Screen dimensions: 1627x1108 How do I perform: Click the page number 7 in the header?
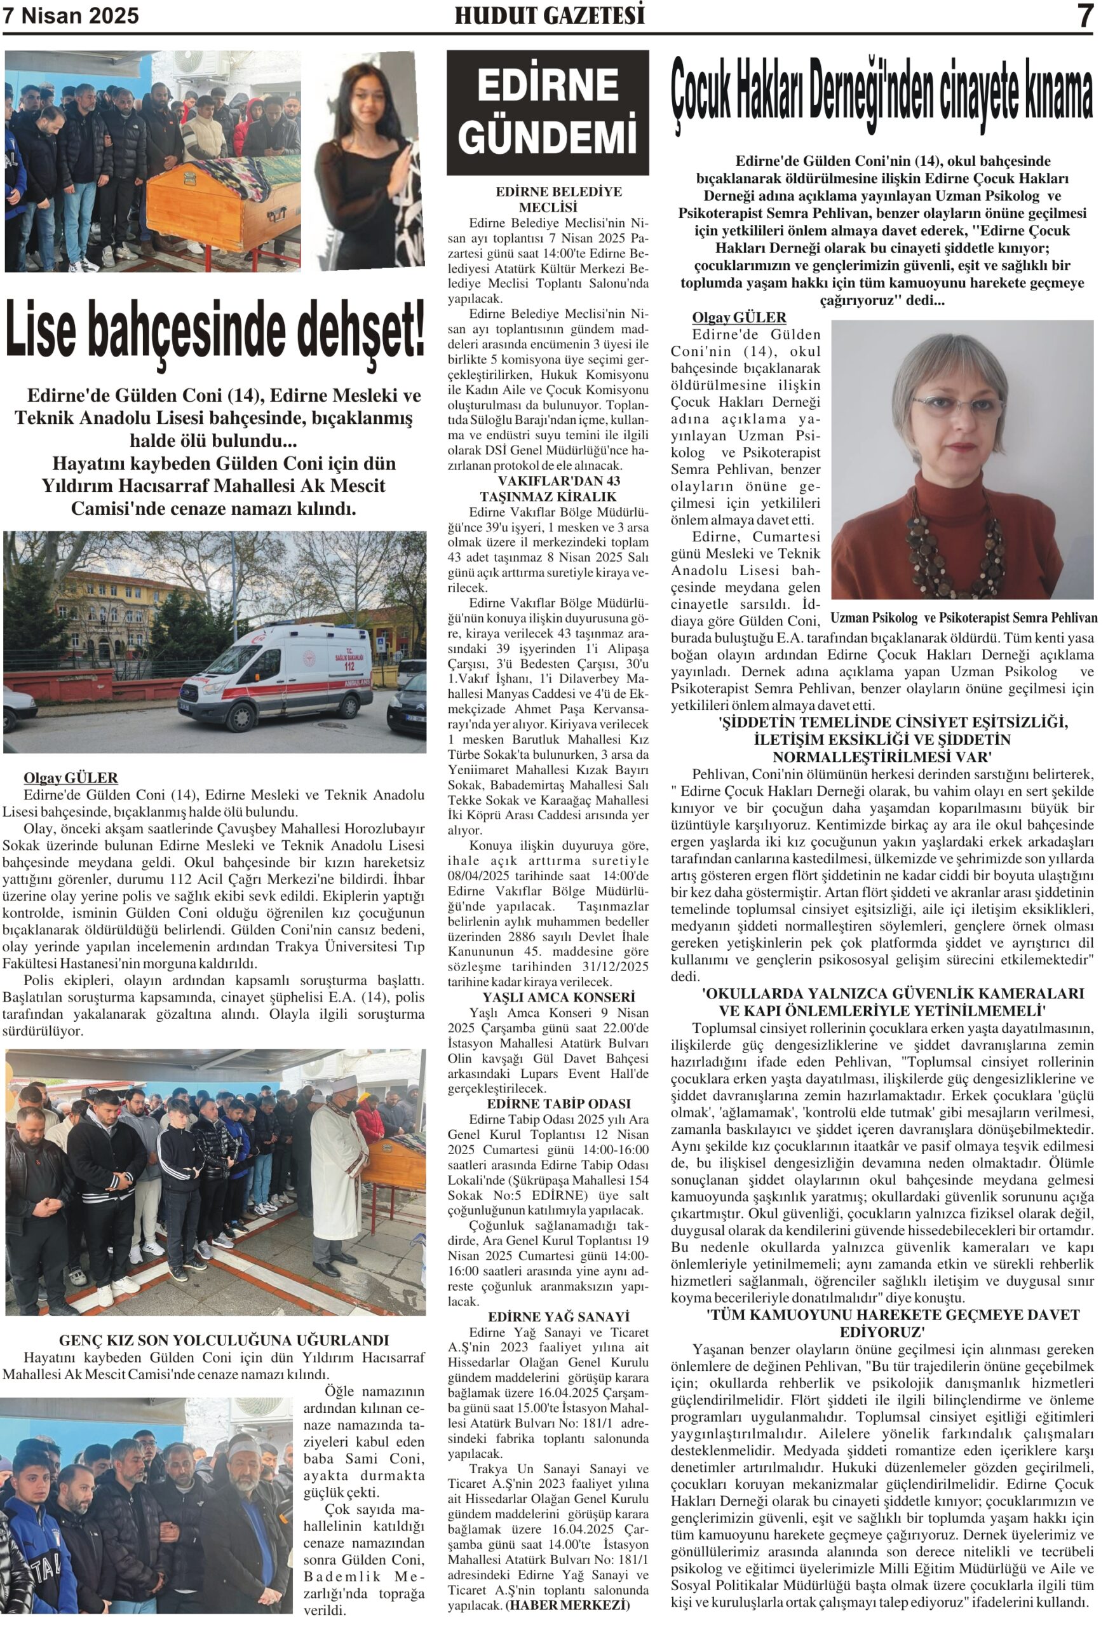pos(1084,15)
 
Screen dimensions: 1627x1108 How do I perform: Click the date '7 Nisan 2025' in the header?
pos(71,15)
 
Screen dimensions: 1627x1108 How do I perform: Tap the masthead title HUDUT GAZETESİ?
pos(549,15)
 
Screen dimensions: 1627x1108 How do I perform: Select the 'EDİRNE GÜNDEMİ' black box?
pos(548,112)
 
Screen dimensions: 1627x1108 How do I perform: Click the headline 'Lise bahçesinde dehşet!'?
pos(215,329)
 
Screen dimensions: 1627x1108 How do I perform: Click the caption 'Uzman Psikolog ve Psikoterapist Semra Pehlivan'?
pos(963,618)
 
